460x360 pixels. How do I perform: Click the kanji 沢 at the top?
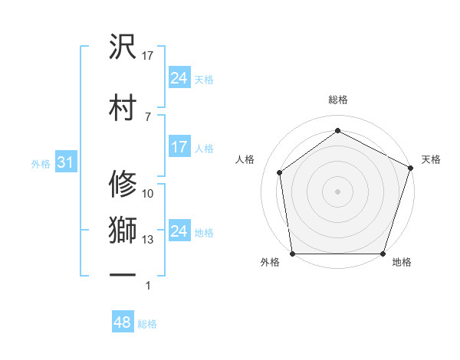[123, 47]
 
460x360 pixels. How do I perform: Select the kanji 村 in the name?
[123, 105]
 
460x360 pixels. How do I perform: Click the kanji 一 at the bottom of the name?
[123, 273]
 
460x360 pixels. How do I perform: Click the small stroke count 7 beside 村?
[147, 116]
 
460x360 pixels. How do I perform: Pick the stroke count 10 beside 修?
[148, 194]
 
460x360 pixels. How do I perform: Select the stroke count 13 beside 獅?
[148, 240]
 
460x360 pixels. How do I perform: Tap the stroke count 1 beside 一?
[148, 286]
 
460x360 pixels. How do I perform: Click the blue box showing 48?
[123, 322]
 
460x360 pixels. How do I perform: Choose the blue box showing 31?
[65, 162]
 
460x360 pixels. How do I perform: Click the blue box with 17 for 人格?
[179, 147]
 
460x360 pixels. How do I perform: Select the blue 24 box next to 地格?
[179, 231]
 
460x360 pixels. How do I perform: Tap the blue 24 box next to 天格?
[179, 78]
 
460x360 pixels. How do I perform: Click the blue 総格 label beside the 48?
[148, 324]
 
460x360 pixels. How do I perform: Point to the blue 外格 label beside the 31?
[41, 164]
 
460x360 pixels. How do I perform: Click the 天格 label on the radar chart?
[431, 159]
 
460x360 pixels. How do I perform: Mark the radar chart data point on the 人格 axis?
[280, 172]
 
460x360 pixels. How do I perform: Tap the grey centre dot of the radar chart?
[337, 191]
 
